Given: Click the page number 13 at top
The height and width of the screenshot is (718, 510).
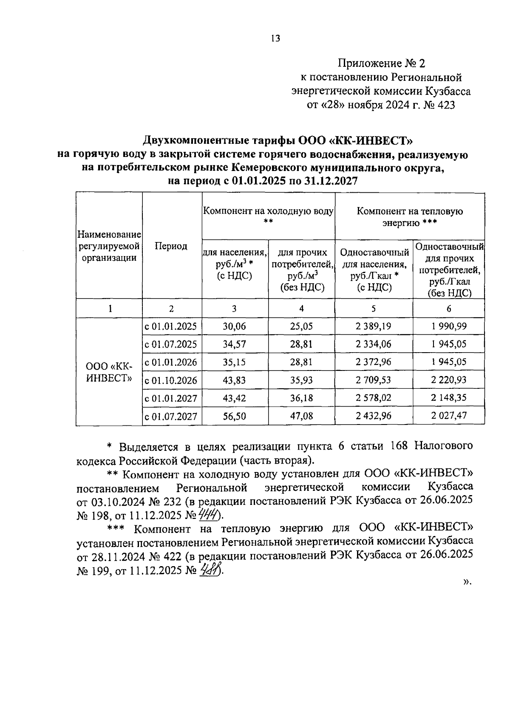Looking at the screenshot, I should click(x=275, y=39).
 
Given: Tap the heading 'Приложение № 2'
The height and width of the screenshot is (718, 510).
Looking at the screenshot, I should click(x=381, y=64).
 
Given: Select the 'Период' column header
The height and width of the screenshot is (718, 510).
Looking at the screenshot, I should click(x=171, y=246).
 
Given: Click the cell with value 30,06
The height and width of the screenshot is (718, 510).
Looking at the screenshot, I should click(x=235, y=326).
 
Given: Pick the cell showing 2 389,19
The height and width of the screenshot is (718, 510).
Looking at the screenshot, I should click(x=374, y=326).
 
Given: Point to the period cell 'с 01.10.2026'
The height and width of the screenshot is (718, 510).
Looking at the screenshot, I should click(x=171, y=380).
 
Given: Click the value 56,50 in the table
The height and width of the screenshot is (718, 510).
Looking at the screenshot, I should click(x=235, y=416).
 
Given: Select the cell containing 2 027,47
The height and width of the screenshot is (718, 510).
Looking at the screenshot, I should click(x=448, y=416).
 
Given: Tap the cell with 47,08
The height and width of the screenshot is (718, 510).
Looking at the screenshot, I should click(x=301, y=416).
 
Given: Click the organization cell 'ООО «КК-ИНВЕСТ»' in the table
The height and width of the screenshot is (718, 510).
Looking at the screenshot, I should click(x=109, y=372).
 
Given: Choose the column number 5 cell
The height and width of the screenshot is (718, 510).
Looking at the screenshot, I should click(x=374, y=309).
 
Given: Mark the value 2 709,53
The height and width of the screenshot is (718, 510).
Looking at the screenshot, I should click(x=374, y=380).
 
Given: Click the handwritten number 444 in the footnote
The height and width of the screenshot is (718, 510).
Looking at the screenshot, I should click(x=210, y=516).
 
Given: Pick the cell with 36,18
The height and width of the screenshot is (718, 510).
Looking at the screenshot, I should click(x=301, y=398).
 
